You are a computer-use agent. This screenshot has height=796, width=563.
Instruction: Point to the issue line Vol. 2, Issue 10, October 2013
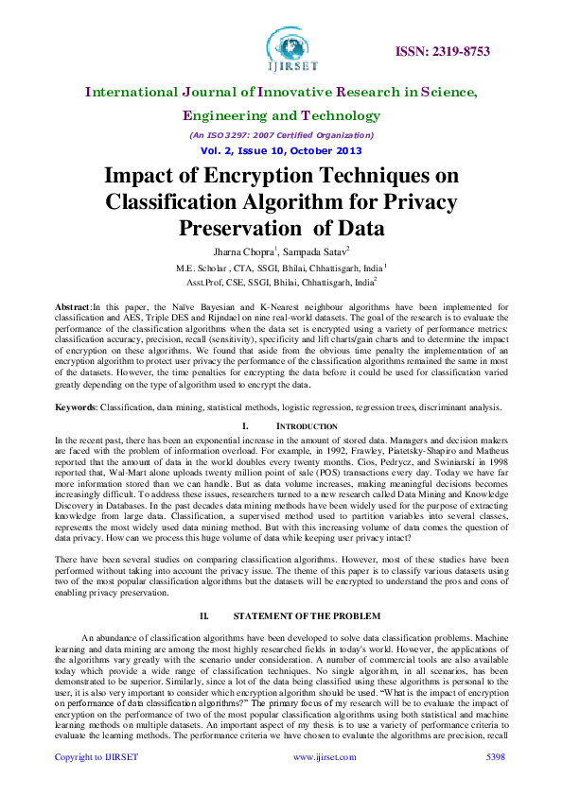coord(281,150)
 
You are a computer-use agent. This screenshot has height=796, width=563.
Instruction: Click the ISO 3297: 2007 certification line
coord(281,134)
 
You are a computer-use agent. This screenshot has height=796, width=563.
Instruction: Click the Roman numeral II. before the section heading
coord(204,615)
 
